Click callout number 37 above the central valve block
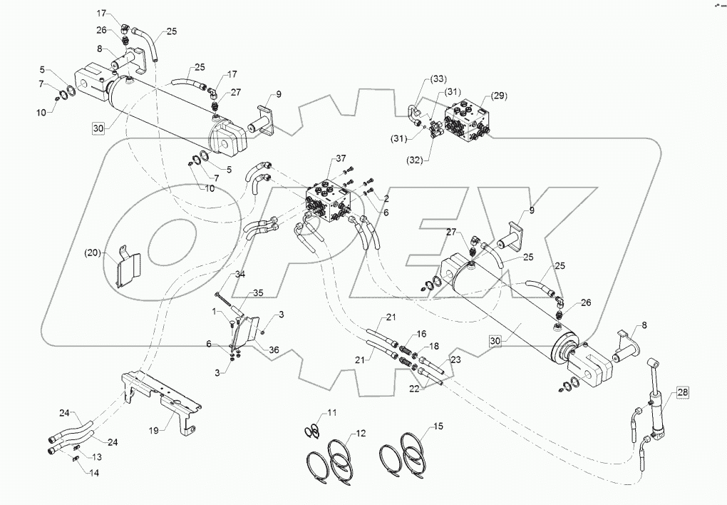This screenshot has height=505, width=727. (341, 158)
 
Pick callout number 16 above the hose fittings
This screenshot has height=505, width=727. (422, 334)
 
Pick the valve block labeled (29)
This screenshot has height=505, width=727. (474, 121)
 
